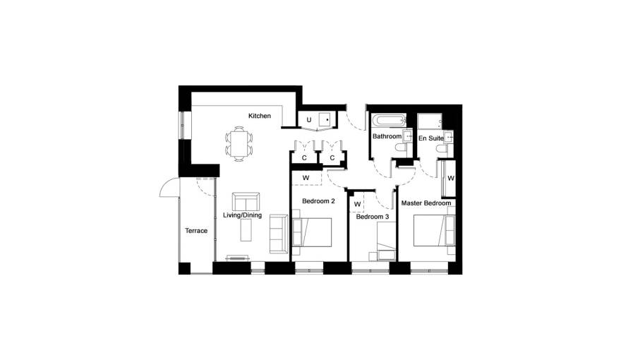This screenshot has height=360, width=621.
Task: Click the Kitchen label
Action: coord(260,116)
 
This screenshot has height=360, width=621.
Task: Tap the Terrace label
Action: coord(196,231)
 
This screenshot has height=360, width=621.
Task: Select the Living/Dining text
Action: coord(242,215)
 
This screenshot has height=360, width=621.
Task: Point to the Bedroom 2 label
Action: coord(318,201)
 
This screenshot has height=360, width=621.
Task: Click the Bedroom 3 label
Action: coord(373,217)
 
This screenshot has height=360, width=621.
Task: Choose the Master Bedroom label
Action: coord(426,203)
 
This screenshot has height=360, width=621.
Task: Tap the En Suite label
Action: coord(431,138)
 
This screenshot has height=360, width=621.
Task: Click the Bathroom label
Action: coord(387,136)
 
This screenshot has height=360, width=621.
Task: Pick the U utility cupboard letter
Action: coord(309,119)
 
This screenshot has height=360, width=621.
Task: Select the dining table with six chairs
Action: coord(239,144)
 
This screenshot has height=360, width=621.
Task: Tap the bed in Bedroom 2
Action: coord(312,232)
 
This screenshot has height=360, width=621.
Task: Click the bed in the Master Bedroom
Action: coord(434,231)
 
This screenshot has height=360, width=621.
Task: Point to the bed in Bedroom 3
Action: coord(386,241)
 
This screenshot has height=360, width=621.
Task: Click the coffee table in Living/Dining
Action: coord(246,230)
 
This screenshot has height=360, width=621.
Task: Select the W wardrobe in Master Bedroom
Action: coord(449,178)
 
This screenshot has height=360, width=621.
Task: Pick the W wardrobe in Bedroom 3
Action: coord(357,204)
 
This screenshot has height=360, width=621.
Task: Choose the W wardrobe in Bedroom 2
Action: coord(306,178)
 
